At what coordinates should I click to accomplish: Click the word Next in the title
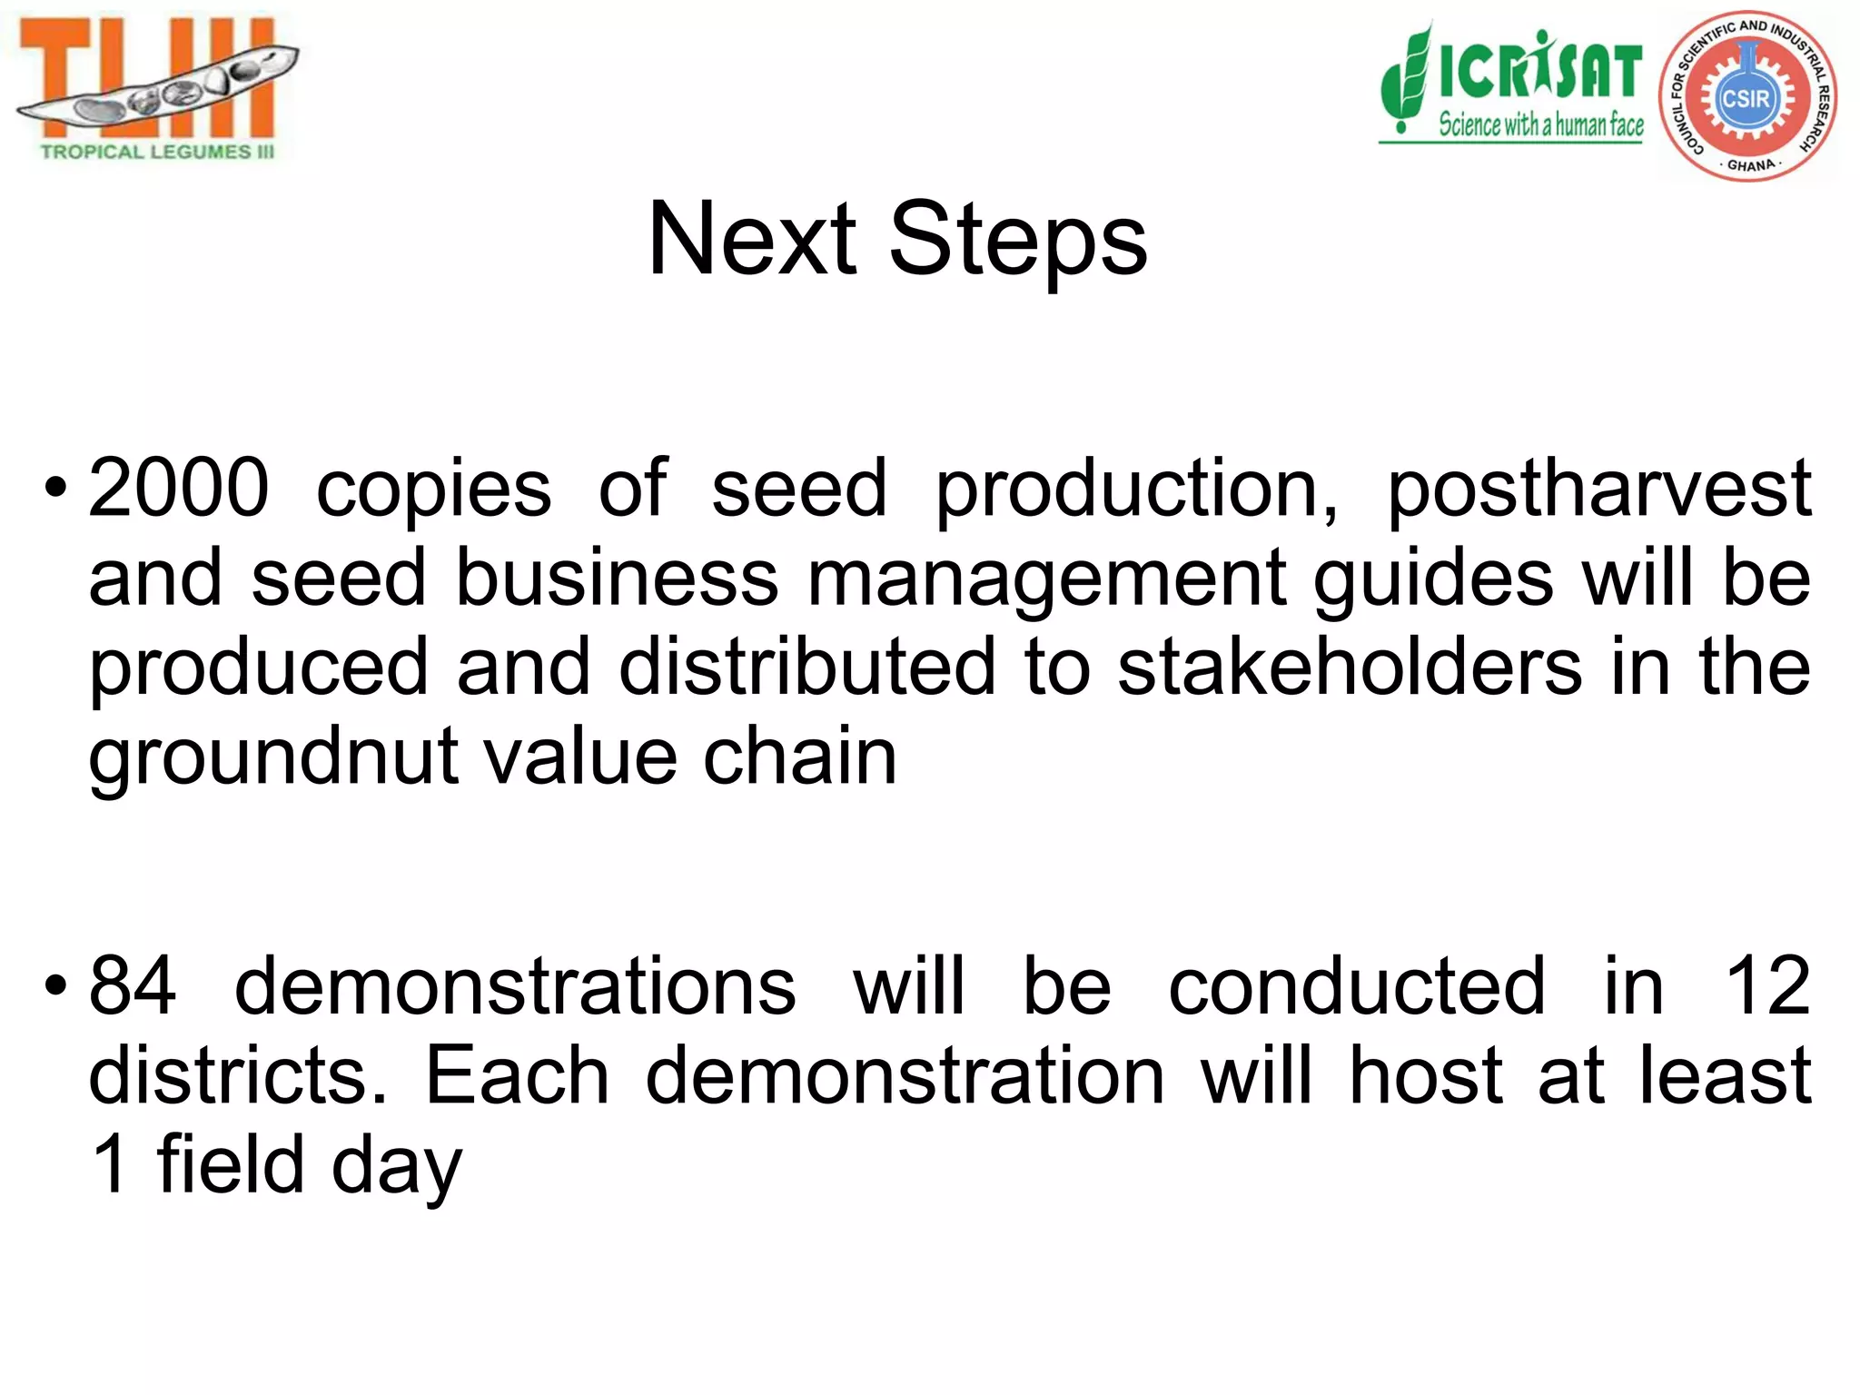pos(752,240)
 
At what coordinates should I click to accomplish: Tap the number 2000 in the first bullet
pos(179,489)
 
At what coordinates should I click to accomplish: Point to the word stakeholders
pos(1350,668)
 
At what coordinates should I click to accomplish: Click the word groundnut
pos(272,759)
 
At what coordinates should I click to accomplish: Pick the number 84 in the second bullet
pos(133,987)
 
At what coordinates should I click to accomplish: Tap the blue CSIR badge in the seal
pos(1746,98)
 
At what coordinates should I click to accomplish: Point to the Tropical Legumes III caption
pos(157,152)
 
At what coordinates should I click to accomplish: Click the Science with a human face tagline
pos(1540,124)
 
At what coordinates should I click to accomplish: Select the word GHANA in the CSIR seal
pos(1750,166)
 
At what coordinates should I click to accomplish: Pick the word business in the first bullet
pos(617,579)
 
